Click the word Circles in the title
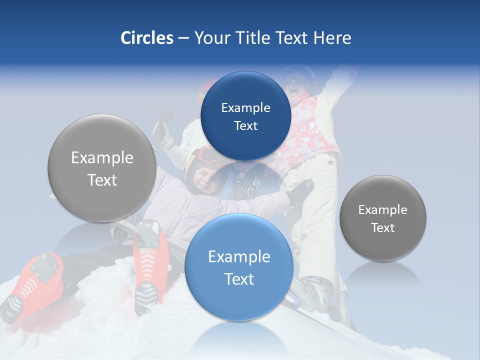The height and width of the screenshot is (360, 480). click(x=146, y=38)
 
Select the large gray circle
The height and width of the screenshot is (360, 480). click(x=102, y=168)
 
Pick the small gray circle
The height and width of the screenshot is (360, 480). click(x=382, y=218)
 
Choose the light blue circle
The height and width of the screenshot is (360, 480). click(x=239, y=267)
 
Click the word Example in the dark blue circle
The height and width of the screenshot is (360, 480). click(x=245, y=108)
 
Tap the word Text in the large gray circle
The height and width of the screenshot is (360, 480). click(x=102, y=180)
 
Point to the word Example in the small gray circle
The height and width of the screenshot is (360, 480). click(x=382, y=209)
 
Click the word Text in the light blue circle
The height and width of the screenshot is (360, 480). click(x=239, y=279)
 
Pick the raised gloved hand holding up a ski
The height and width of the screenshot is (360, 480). click(x=160, y=131)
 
